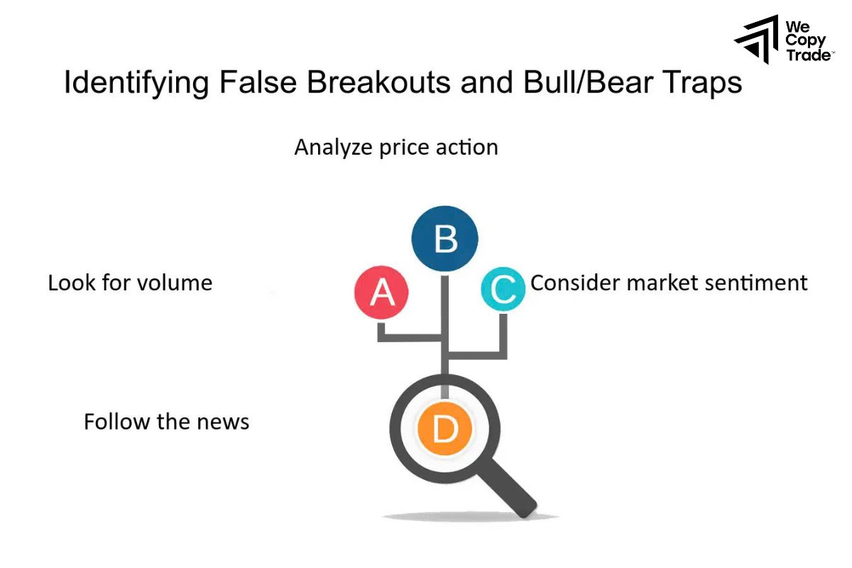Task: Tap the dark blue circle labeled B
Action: [445, 239]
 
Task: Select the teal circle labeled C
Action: [503, 290]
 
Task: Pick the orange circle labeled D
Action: [444, 429]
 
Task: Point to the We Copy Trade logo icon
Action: [756, 39]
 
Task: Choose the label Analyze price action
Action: [396, 147]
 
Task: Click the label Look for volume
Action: [130, 283]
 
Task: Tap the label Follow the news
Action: [167, 422]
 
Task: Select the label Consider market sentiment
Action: [669, 283]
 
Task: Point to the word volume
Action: [177, 283]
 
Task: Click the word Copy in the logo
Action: [805, 40]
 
